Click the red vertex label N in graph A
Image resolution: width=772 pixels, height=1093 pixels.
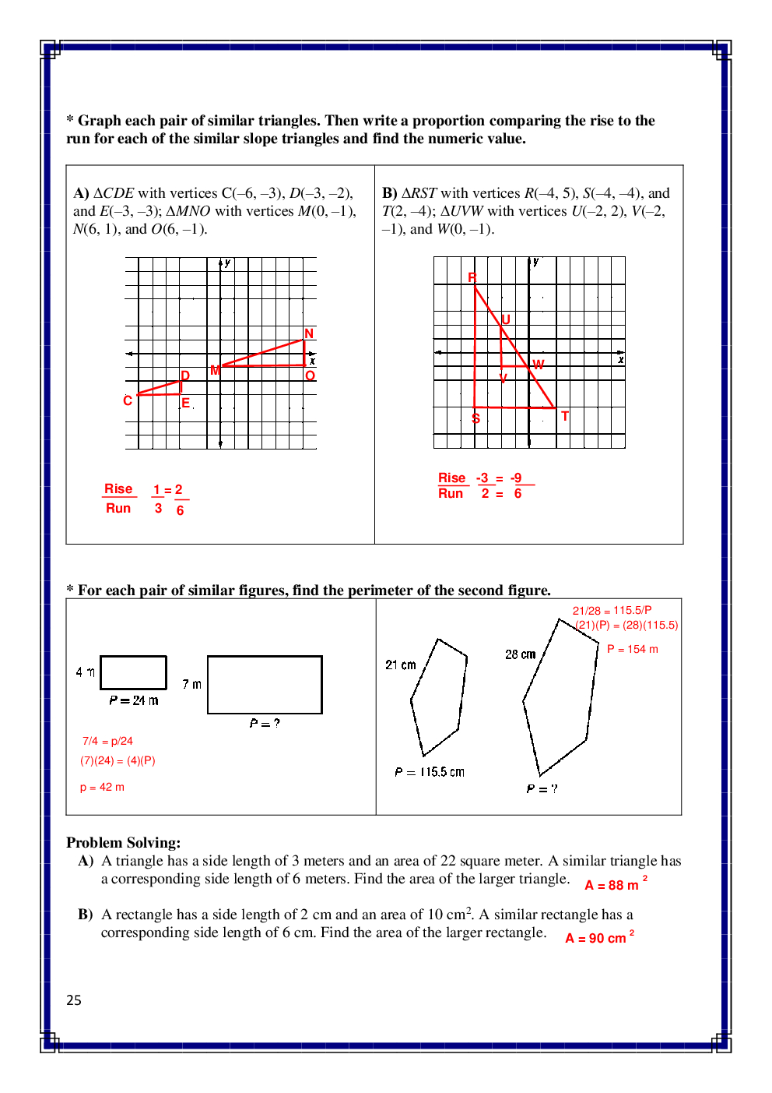(309, 333)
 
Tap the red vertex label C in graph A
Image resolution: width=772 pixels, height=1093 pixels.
(128, 400)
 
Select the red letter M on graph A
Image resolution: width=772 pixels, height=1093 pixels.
(216, 371)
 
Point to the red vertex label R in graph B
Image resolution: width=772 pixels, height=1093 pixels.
(472, 277)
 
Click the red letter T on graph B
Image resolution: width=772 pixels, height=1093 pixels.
(565, 416)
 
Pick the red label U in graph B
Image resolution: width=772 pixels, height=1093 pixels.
(506, 319)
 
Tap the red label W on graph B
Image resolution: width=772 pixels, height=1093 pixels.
(539, 365)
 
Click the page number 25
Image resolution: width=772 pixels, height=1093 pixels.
(74, 1000)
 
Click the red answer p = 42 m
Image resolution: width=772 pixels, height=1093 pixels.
(102, 787)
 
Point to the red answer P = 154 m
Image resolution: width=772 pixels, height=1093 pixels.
(632, 649)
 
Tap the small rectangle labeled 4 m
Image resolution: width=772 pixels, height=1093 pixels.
(134, 672)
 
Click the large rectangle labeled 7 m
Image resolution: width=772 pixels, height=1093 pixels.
(265, 685)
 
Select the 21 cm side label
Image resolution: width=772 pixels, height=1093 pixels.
(401, 665)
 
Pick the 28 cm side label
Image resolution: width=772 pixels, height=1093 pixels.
(521, 654)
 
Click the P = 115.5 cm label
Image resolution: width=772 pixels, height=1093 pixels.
(430, 772)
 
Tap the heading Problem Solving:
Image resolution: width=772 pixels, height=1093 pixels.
(123, 842)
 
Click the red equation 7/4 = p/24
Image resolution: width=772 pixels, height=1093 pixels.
(107, 741)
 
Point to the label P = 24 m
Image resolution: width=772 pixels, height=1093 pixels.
(134, 700)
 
